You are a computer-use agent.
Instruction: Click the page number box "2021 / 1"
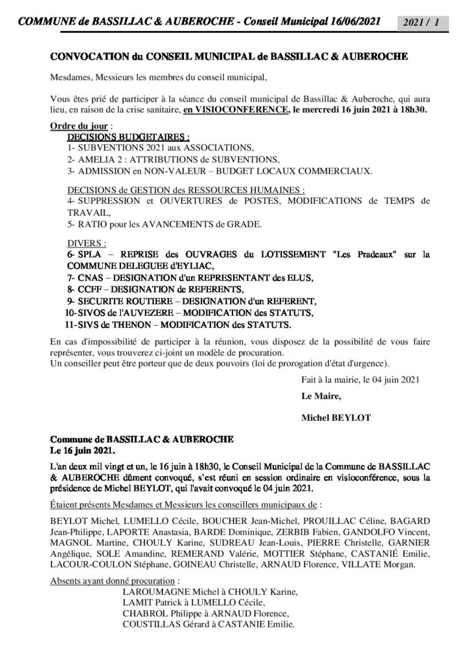click(424, 23)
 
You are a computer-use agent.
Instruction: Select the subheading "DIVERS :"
click(87, 243)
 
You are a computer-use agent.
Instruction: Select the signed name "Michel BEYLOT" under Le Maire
click(335, 418)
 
